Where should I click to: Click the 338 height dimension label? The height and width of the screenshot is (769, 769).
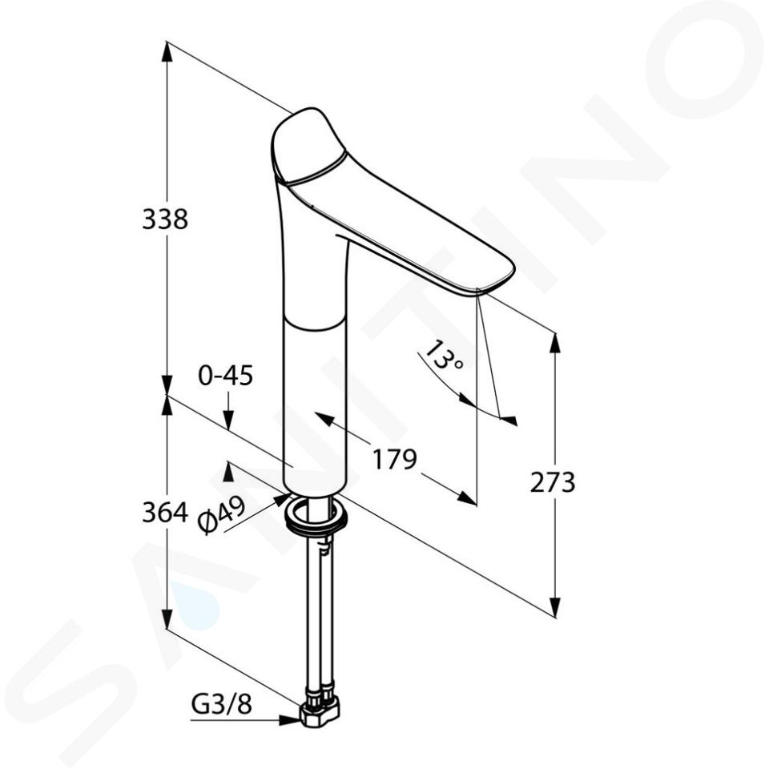(165, 219)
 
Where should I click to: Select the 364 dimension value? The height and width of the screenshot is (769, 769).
(165, 513)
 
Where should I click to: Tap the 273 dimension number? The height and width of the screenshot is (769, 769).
(552, 482)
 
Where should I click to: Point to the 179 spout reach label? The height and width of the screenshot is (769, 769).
(394, 459)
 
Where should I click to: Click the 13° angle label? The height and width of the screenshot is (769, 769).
(442, 356)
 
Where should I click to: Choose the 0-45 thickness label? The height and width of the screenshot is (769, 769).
(226, 376)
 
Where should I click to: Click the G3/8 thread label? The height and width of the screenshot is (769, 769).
(221, 705)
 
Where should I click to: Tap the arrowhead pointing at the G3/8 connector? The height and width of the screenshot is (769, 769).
(290, 720)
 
